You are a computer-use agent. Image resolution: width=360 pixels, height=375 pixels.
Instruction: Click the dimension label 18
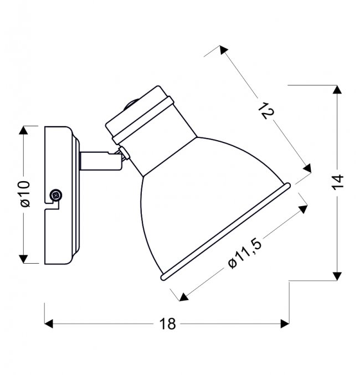(164, 324)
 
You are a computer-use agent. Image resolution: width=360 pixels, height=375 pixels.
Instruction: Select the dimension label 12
(266, 110)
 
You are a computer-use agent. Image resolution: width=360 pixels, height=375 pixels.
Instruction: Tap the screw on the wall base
(55, 195)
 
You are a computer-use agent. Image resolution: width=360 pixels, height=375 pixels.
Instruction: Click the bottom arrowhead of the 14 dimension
(336, 276)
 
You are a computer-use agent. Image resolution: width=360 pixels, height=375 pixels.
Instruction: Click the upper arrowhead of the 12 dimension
(223, 51)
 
